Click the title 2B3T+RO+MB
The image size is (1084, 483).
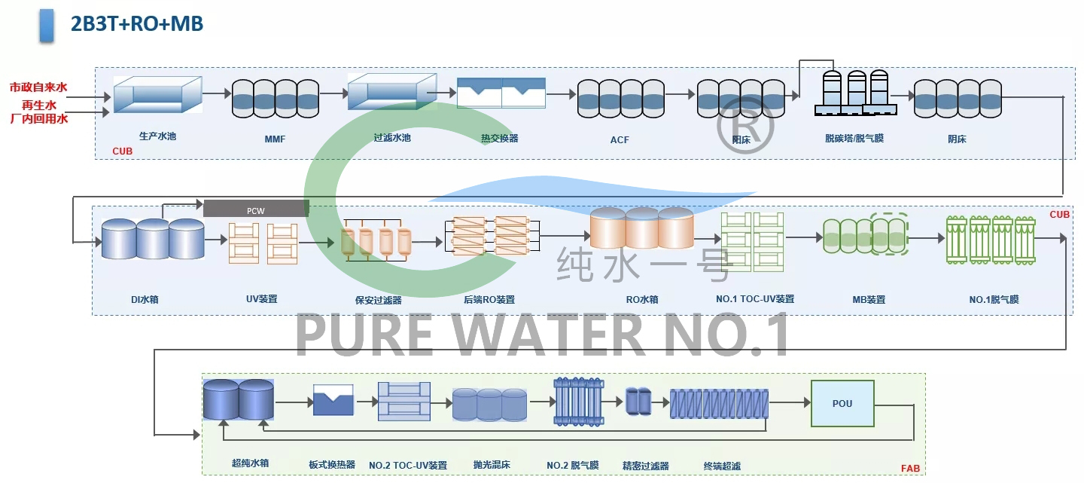tap(136, 23)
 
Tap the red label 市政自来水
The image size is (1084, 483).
tap(38, 87)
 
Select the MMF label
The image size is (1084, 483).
tap(275, 139)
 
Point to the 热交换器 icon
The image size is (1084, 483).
tap(501, 93)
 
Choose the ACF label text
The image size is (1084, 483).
tap(620, 139)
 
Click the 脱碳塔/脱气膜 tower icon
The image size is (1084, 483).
tap(856, 93)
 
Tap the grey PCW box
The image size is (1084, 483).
tap(256, 209)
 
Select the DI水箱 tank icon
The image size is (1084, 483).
tap(152, 239)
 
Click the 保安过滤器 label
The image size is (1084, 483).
tap(378, 300)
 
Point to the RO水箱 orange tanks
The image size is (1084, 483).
tap(641, 228)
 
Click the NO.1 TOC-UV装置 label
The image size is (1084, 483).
tap(755, 299)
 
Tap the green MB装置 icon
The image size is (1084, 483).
tap(866, 236)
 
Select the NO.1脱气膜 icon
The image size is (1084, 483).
tap(991, 240)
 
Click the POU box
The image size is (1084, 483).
tap(842, 404)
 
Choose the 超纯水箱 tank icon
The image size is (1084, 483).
tap(238, 399)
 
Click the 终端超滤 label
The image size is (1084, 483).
tap(722, 466)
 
